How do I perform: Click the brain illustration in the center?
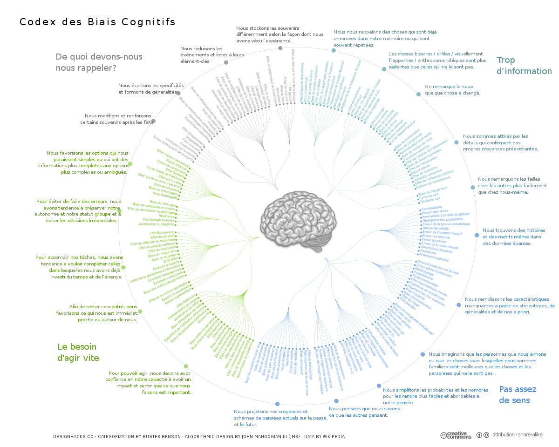[298, 222]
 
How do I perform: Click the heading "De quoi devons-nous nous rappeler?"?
[99, 62]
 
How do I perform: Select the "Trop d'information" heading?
[524, 66]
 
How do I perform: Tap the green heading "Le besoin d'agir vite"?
[78, 352]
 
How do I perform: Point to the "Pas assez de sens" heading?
[518, 395]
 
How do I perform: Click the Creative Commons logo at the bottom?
[455, 435]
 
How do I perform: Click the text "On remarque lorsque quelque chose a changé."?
[452, 90]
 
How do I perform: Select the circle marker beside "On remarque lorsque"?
[418, 94]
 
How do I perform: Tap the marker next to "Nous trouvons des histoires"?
[477, 235]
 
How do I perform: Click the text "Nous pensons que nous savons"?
[364, 412]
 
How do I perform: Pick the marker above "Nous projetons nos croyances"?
[278, 404]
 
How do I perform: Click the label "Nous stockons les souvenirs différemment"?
[279, 34]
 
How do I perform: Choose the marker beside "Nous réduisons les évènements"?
[226, 62]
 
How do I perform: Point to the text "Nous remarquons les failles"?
[512, 185]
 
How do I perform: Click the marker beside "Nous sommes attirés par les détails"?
[457, 142]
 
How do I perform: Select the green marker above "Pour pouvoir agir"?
[186, 366]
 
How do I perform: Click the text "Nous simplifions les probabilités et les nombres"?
[436, 396]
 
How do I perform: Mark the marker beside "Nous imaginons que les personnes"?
[423, 354]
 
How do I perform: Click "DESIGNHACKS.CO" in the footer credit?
[74, 437]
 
